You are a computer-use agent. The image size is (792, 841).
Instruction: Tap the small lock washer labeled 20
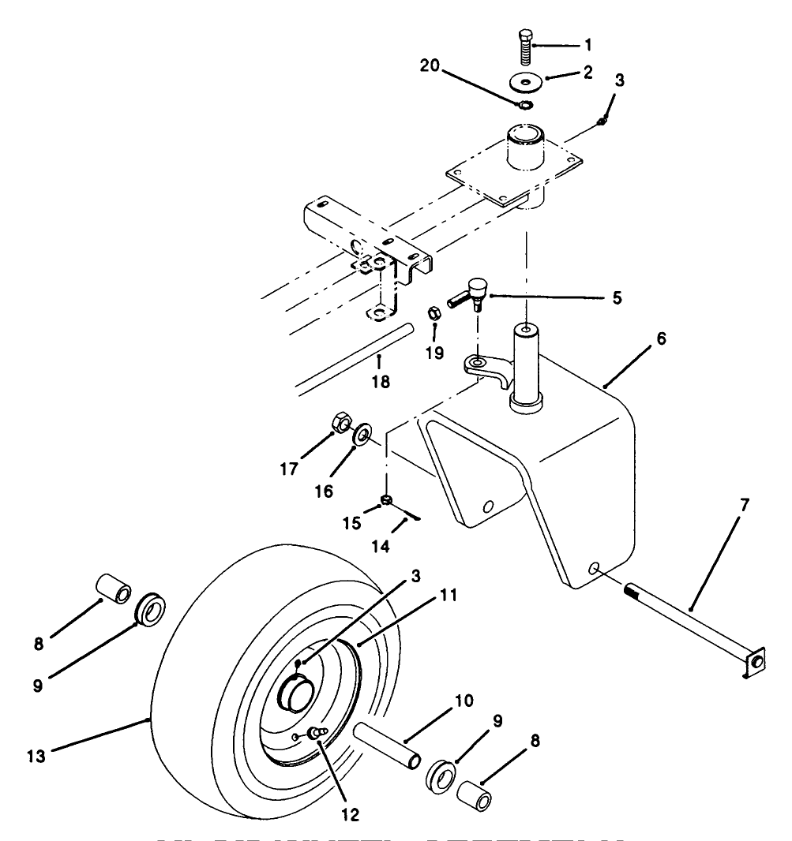point(524,105)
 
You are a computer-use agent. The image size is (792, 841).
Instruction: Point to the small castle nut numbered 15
point(387,499)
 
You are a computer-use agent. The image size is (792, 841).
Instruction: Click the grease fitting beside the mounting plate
point(602,120)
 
